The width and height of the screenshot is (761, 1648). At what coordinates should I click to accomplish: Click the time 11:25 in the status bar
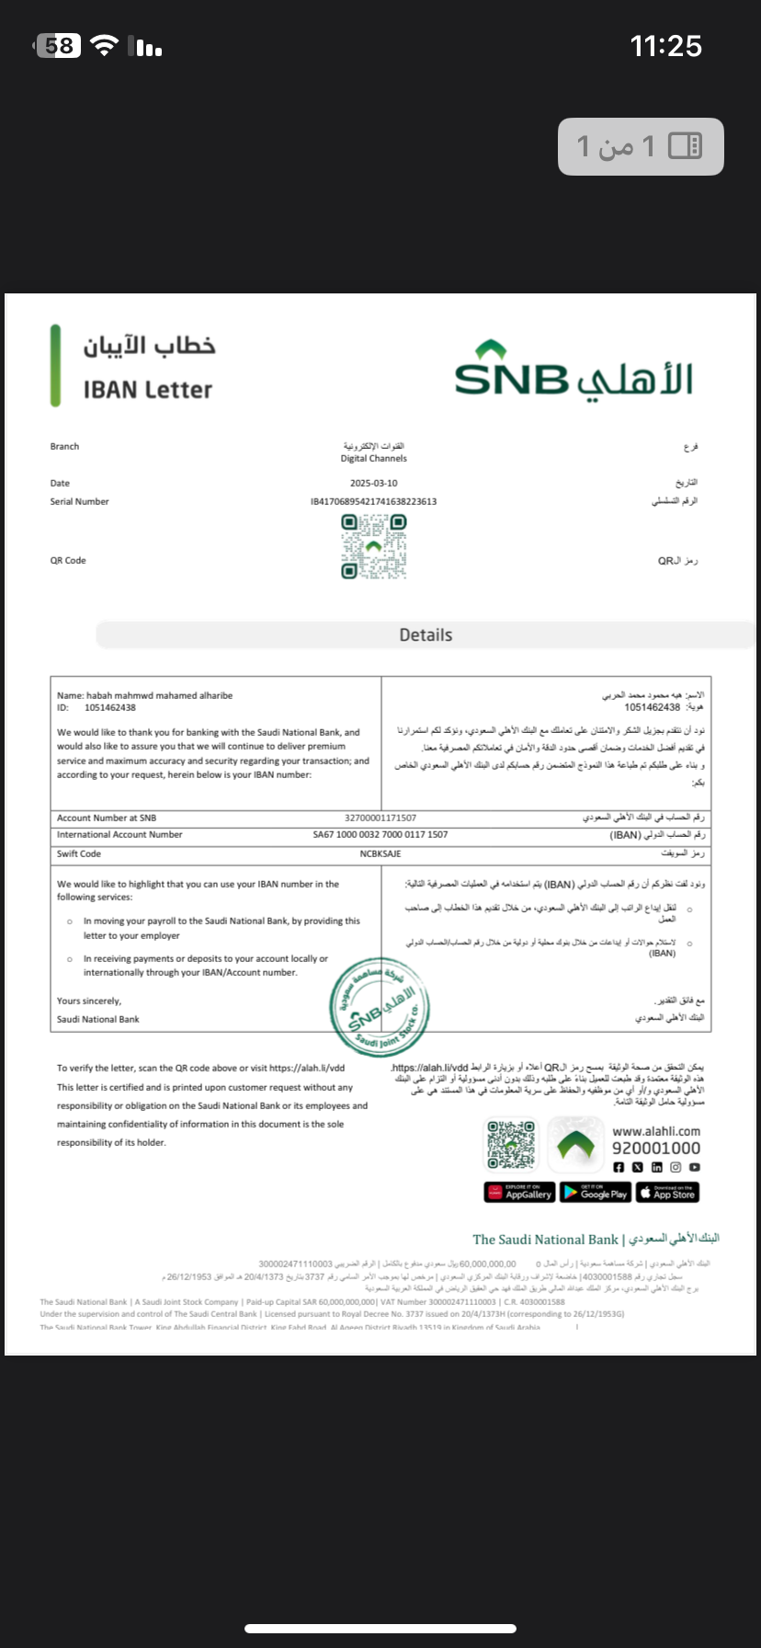point(665,46)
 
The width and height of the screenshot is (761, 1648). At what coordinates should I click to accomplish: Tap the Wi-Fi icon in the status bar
point(107,46)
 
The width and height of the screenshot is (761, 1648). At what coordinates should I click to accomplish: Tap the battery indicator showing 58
point(58,46)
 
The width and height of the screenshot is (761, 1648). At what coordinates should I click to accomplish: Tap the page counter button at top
point(641,145)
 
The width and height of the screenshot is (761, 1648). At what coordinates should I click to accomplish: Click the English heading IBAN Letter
point(148,390)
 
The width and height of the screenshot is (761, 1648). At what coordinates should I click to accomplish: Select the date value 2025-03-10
point(373,483)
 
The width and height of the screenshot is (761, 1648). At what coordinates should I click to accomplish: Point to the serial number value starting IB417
point(373,501)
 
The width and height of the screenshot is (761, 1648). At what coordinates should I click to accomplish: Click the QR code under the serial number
point(373,546)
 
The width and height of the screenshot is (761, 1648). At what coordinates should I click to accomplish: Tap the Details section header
point(426,635)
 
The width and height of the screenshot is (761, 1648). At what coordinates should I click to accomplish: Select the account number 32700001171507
point(380,818)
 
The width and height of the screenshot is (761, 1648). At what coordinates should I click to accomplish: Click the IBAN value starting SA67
point(380,835)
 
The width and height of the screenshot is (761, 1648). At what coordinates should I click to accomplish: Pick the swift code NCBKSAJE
point(380,853)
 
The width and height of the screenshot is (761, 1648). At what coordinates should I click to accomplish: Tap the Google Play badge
point(596,1193)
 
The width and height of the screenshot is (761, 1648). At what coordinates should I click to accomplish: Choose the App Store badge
point(667,1193)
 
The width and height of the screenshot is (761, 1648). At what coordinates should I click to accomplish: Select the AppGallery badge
point(520,1193)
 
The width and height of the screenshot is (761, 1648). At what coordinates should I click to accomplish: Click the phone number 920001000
point(656,1148)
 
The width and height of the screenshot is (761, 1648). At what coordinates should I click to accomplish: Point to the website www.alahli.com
point(656,1131)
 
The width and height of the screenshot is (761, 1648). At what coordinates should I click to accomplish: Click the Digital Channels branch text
point(373,458)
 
